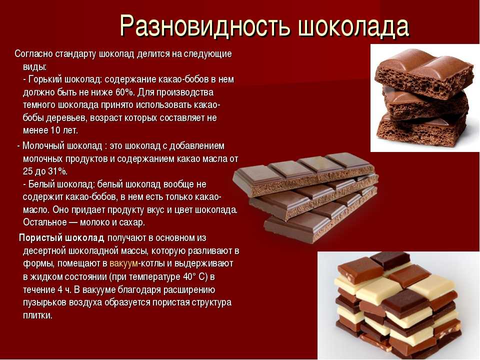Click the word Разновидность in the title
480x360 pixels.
204,26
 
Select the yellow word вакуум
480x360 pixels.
123,263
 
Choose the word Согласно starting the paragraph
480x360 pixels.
33,54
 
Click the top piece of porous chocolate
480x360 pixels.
424,73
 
